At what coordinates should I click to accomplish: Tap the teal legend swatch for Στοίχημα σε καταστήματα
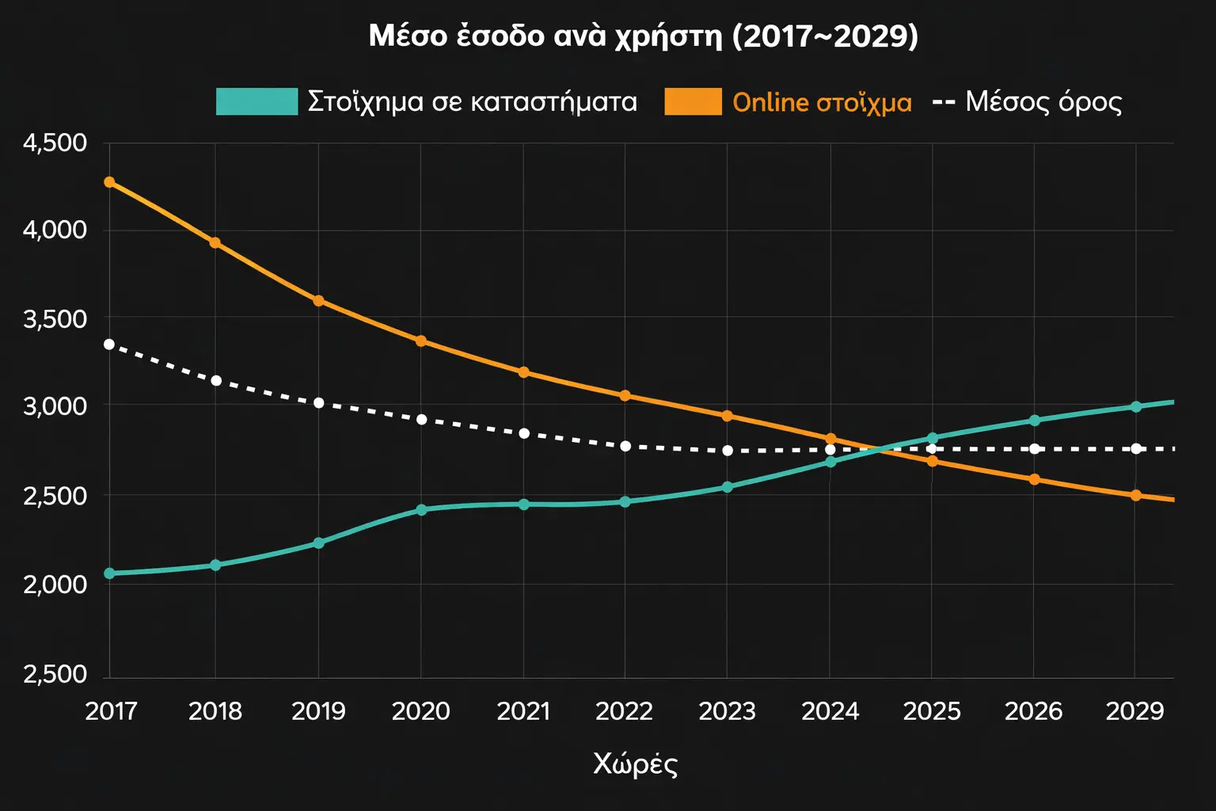(x=256, y=101)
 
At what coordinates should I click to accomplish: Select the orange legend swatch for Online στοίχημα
(x=693, y=101)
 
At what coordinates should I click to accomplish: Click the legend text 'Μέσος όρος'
(x=1043, y=101)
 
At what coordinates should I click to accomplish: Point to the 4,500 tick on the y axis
(x=55, y=143)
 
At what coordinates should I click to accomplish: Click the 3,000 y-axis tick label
(x=55, y=406)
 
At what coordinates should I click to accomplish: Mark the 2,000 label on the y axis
(x=55, y=584)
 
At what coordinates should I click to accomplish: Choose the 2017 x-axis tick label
(x=111, y=711)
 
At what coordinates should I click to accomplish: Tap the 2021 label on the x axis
(x=523, y=711)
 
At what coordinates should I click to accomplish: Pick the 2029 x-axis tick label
(x=1134, y=711)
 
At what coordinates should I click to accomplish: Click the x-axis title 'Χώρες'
(x=635, y=763)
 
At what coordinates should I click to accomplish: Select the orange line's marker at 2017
(x=109, y=182)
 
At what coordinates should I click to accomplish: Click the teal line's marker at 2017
(x=109, y=573)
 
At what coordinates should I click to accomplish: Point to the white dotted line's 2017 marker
(x=109, y=345)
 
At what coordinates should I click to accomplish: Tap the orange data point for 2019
(x=318, y=301)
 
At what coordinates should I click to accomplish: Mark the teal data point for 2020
(x=421, y=510)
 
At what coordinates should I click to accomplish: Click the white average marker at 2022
(x=625, y=447)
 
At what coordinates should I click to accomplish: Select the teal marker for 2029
(x=1136, y=407)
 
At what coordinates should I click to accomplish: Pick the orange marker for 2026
(x=1034, y=480)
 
